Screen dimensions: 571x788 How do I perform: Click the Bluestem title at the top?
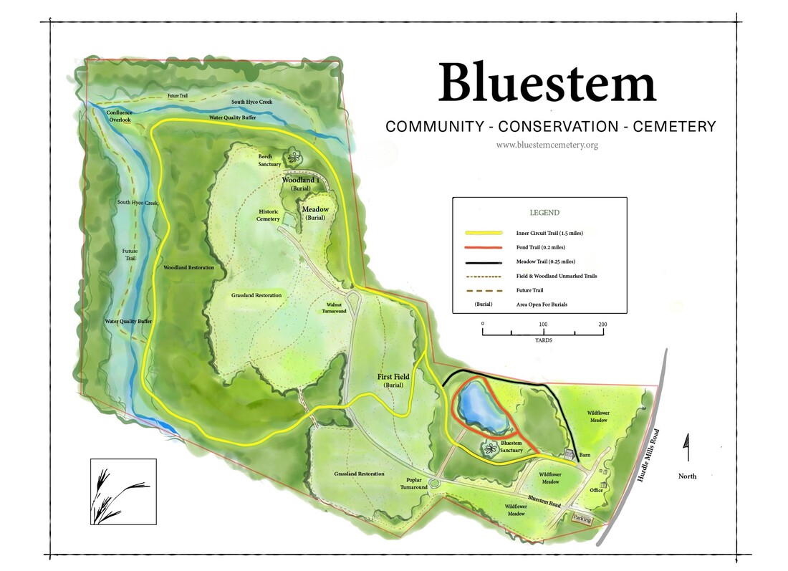point(547,84)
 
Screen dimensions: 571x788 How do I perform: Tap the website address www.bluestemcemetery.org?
point(547,145)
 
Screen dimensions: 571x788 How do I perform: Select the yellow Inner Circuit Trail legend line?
point(484,233)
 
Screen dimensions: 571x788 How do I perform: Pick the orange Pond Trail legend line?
point(484,247)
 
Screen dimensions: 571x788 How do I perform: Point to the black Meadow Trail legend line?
point(484,261)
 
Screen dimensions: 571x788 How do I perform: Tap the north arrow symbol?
point(687,448)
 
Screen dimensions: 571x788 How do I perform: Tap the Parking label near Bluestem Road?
point(582,519)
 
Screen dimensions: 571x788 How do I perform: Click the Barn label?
point(585,456)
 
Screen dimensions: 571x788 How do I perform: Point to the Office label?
point(596,490)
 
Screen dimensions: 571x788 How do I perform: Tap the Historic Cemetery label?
point(268,215)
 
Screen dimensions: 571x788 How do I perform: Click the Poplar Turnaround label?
point(414,483)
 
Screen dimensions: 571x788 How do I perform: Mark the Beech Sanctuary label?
point(270,160)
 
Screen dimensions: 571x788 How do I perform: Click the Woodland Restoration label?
point(188,267)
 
